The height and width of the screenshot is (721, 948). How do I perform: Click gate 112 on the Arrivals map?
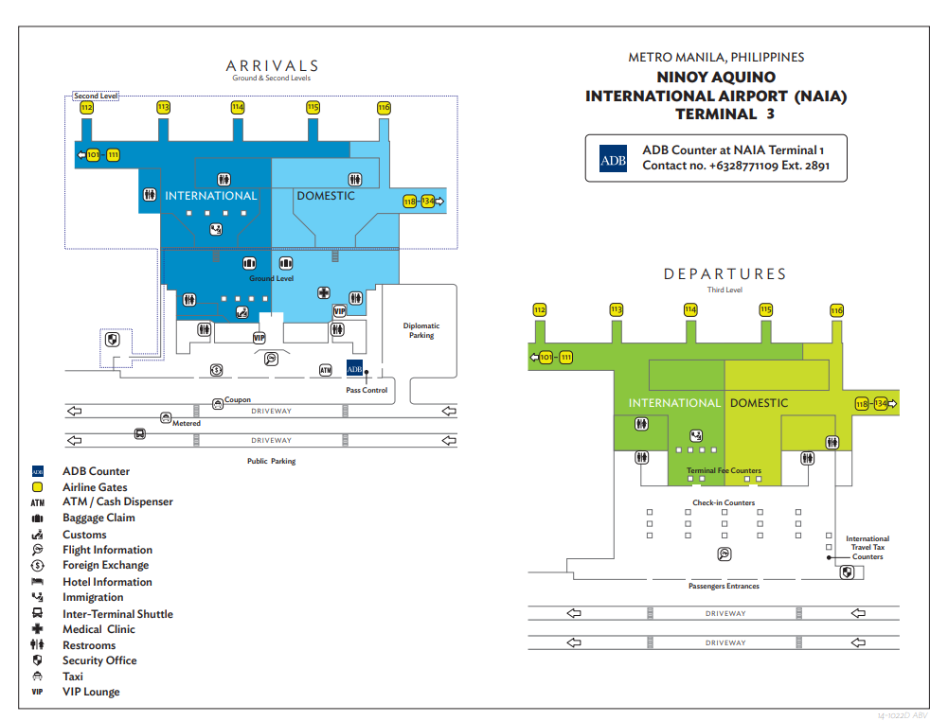click(87, 109)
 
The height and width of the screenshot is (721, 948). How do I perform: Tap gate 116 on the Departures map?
click(836, 310)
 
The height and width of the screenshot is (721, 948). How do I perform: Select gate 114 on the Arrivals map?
click(238, 108)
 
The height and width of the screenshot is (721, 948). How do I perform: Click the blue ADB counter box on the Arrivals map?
click(355, 369)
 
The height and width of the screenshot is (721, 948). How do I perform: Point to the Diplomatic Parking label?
click(421, 330)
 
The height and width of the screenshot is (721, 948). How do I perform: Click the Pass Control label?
click(367, 390)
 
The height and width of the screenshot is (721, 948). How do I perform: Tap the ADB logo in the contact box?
click(613, 160)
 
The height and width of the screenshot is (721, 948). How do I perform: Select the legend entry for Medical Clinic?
click(98, 629)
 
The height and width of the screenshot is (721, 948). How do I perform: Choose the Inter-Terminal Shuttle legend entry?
click(117, 614)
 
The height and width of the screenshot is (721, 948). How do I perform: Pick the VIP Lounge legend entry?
click(91, 692)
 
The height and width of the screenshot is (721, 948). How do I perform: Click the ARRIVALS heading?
click(272, 66)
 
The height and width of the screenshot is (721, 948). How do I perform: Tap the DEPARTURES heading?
click(724, 274)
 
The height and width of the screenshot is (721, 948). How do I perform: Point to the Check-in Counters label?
click(724, 502)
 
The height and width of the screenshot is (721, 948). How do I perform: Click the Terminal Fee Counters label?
click(724, 470)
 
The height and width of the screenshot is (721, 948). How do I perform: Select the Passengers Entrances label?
click(724, 587)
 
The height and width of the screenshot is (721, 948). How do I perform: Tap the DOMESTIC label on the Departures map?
click(759, 403)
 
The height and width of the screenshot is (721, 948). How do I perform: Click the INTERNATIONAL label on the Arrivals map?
click(210, 196)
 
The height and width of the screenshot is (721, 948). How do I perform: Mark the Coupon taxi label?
click(238, 400)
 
